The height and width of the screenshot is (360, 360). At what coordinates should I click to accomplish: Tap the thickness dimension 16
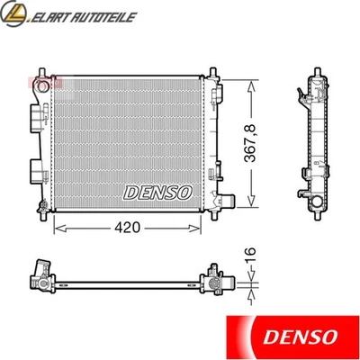click(254, 256)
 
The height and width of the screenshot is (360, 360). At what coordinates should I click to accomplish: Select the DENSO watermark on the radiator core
click(157, 192)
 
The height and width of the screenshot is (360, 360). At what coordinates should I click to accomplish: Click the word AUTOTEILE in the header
click(105, 15)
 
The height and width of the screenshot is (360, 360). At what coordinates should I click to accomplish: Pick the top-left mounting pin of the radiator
click(42, 71)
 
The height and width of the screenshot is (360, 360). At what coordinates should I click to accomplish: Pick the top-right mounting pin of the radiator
click(211, 71)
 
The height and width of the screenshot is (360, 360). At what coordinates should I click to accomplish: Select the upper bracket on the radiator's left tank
click(36, 117)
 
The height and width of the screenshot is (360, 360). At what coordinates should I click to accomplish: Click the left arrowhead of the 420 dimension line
click(57, 229)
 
